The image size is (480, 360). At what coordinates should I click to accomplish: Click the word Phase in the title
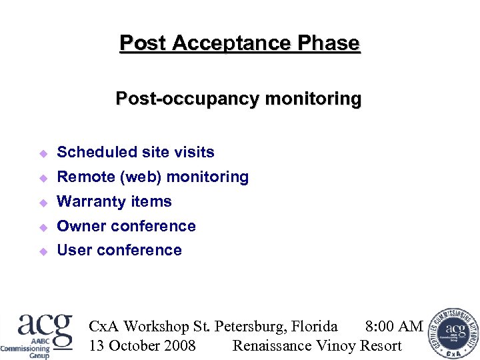coord(329,43)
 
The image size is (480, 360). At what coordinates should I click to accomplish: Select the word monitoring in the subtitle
coord(313,99)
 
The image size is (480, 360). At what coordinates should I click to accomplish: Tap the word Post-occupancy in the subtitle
coord(187,99)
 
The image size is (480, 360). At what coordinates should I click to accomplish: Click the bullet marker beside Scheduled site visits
coord(43,153)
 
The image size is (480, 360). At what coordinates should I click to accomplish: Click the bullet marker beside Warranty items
coord(43,203)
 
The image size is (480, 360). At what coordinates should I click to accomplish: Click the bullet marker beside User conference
coord(43,251)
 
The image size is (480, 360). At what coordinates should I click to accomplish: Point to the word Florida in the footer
coord(314,326)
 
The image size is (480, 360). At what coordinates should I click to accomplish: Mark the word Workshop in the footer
coord(157,326)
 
